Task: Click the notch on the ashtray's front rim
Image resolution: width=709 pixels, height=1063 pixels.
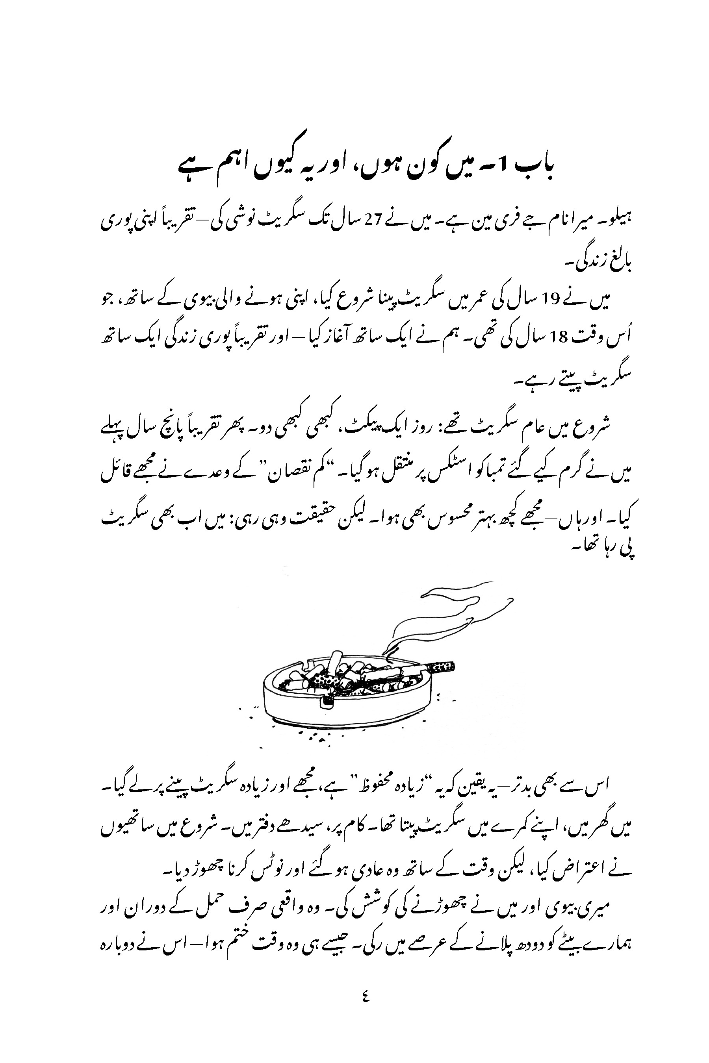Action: coord(328,702)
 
